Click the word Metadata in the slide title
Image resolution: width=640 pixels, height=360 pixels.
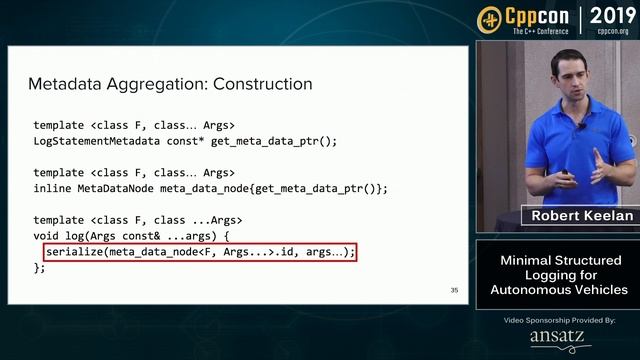click(63, 84)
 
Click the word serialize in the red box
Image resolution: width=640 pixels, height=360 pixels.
click(81, 252)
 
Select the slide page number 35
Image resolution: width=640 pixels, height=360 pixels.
click(454, 291)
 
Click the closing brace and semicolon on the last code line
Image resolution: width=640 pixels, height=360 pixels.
click(40, 268)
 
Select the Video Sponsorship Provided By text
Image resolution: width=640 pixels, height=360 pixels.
click(559, 320)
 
